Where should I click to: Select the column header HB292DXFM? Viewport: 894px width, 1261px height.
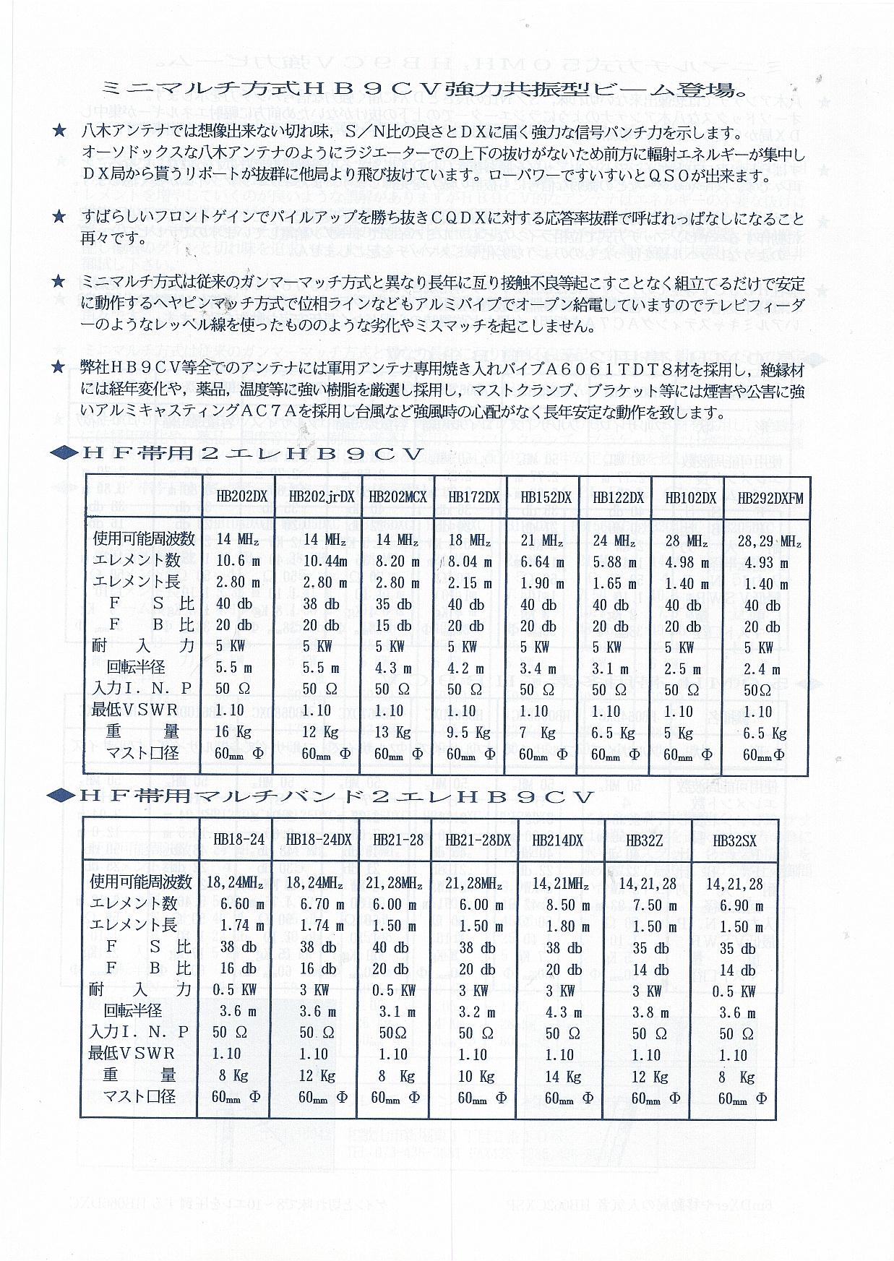click(770, 498)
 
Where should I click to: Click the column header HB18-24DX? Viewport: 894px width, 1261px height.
click(318, 840)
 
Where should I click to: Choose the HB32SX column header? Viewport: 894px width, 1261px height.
click(734, 840)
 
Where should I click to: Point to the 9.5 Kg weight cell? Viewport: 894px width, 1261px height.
click(468, 733)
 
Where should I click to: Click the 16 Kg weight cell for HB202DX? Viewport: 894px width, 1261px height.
click(233, 732)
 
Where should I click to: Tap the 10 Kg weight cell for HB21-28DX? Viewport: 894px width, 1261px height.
click(474, 1077)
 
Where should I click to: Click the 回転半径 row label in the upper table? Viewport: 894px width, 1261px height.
click(134, 668)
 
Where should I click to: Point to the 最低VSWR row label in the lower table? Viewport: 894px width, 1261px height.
click(132, 1054)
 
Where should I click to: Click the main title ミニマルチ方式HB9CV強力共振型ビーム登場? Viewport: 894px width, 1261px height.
click(424, 90)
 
